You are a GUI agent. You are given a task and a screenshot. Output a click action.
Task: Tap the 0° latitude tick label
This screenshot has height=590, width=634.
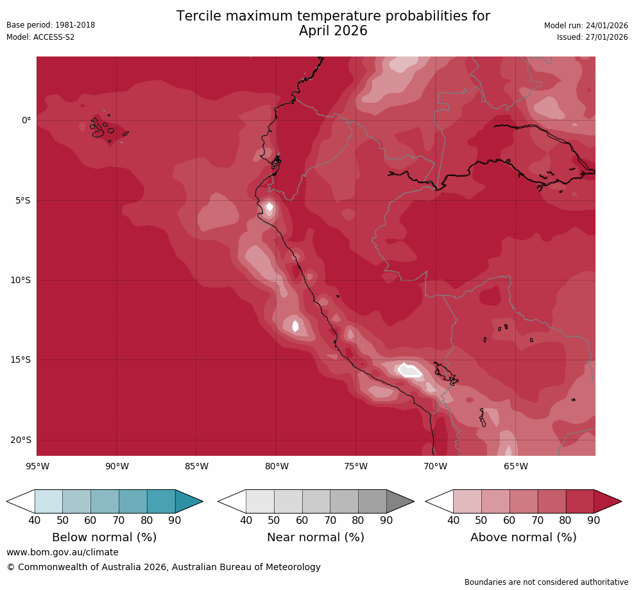pos(26,120)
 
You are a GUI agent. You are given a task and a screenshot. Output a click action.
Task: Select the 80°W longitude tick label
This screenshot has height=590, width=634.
pos(276,466)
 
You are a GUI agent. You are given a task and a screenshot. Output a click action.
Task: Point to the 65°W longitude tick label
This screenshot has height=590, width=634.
pos(515,466)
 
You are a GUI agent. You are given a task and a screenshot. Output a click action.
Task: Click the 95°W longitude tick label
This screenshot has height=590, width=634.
pos(37,466)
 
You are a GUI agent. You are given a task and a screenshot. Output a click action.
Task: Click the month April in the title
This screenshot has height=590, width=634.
pos(315,31)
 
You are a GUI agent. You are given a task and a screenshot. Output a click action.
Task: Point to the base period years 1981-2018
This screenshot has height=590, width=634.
pos(76,25)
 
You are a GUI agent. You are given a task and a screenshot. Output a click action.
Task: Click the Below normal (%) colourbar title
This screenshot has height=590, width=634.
pos(104,537)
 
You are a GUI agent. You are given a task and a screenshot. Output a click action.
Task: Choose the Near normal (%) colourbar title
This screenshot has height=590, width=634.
pos(315,537)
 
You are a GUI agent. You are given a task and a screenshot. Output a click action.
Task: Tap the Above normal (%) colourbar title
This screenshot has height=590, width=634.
pos(523,537)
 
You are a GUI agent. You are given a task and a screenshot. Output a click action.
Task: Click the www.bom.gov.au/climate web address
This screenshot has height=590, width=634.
pos(62,552)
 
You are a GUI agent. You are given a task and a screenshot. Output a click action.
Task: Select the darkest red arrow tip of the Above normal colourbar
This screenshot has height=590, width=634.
pos(606,501)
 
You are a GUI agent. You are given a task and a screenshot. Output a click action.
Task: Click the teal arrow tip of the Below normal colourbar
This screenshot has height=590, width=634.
pos(187,501)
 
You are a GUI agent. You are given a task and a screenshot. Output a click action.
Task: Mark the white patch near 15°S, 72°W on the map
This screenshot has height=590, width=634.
pos(409,370)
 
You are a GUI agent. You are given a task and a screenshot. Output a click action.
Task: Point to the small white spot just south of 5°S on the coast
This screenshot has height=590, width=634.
pos(270,207)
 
